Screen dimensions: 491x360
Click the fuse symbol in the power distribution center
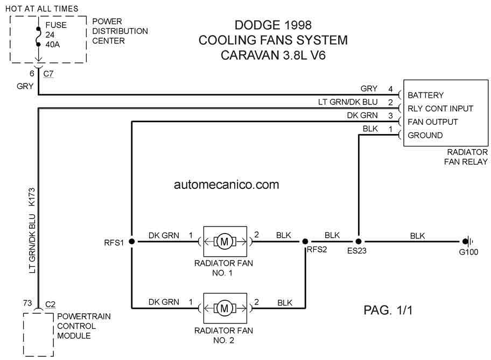(38, 36)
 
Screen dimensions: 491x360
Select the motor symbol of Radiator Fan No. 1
(225, 242)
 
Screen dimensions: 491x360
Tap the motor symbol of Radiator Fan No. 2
(225, 308)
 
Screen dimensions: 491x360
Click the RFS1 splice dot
(132, 242)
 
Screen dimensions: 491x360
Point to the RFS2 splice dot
(305, 242)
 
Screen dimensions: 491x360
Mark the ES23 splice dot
(359, 242)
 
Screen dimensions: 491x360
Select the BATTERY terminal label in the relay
(425, 95)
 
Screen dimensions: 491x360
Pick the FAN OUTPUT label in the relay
(432, 122)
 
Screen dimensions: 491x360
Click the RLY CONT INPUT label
(440, 109)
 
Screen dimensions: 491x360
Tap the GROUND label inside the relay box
(425, 136)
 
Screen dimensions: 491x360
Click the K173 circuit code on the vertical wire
(32, 197)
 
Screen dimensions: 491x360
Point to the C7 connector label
(48, 74)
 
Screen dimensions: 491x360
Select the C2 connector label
(50, 304)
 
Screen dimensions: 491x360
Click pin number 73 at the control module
(27, 303)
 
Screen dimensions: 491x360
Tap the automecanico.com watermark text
(227, 185)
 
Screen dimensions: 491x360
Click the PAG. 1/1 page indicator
(388, 310)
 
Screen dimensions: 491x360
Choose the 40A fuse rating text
(53, 45)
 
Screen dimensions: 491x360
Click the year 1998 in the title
(298, 25)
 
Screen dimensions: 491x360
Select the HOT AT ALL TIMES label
(41, 9)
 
